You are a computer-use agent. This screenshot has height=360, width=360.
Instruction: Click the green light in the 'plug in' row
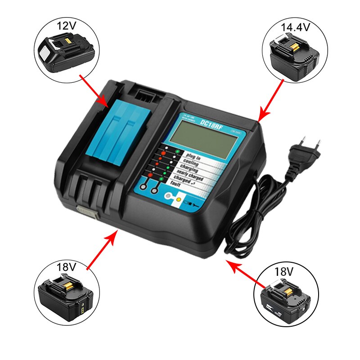[177, 152]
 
